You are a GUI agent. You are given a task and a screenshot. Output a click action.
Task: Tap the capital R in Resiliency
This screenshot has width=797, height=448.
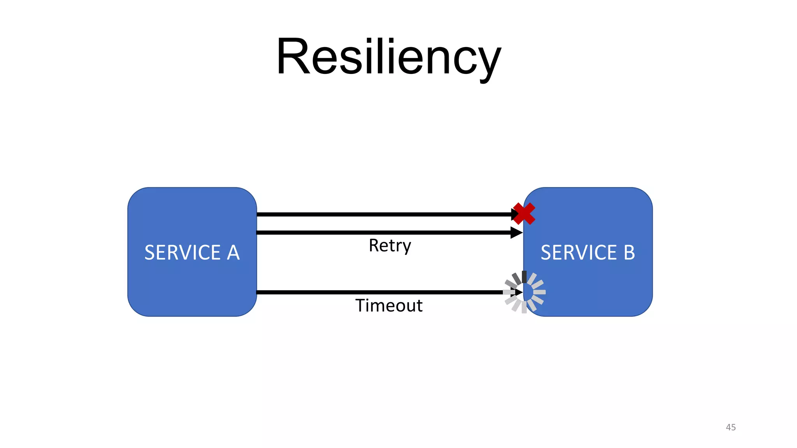[x=293, y=56]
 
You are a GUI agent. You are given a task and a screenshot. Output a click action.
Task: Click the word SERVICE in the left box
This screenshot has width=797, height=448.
[x=183, y=252]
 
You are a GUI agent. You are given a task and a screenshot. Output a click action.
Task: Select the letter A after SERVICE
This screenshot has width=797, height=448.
[x=233, y=252]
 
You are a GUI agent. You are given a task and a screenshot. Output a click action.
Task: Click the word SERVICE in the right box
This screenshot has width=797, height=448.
[x=579, y=252]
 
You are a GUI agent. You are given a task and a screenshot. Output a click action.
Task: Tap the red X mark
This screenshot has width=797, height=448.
[x=524, y=213]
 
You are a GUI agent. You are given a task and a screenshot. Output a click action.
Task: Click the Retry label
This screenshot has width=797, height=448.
[x=390, y=246]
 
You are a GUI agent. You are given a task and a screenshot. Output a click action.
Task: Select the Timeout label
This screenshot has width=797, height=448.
[x=389, y=306]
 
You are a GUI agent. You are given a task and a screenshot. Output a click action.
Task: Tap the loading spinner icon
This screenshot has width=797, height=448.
[x=524, y=292]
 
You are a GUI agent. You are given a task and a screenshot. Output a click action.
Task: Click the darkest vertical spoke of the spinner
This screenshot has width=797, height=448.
[x=524, y=277]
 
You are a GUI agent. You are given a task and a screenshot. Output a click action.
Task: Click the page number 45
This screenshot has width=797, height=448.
[x=730, y=427]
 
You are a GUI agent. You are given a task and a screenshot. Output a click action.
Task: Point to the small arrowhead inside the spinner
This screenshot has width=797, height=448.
[x=519, y=292]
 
